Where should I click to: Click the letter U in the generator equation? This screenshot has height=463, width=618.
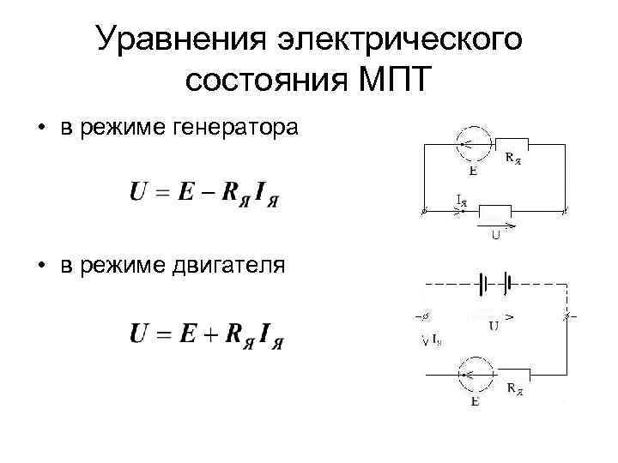click(138, 191)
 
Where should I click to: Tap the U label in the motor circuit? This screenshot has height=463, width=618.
click(495, 325)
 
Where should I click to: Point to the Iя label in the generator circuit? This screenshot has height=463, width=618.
click(461, 201)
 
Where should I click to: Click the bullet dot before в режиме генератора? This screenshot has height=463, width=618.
click(40, 129)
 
